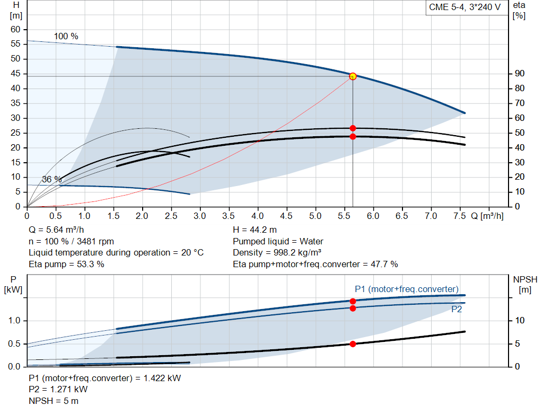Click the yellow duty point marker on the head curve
click(x=353, y=76)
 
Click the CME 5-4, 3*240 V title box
click(x=465, y=8)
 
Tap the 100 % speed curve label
click(x=66, y=37)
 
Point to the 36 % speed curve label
click(x=51, y=180)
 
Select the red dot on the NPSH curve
click(x=353, y=344)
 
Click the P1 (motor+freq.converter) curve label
click(x=406, y=289)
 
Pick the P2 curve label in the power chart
click(x=456, y=310)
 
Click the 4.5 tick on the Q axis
click(x=286, y=216)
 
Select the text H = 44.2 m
click(x=255, y=230)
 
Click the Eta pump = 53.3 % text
click(x=66, y=264)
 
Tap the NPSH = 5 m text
click(x=54, y=401)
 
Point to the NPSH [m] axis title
click(x=526, y=284)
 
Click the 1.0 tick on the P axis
click(x=14, y=321)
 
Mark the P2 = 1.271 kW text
click(x=58, y=389)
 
